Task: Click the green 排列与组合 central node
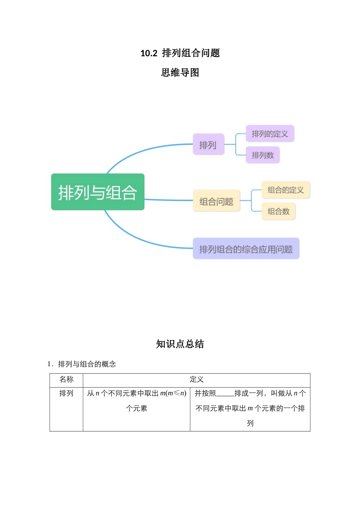click(x=98, y=192)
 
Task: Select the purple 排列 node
click(x=208, y=144)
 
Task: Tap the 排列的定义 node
click(x=270, y=134)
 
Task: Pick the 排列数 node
click(x=263, y=155)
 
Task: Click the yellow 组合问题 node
click(x=216, y=201)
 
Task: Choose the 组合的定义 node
click(x=286, y=190)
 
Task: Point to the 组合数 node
click(x=278, y=211)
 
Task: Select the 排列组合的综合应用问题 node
click(x=246, y=249)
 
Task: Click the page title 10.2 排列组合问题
click(x=180, y=53)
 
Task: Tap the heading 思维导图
click(x=180, y=72)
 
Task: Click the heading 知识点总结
click(x=180, y=344)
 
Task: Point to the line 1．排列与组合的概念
click(x=82, y=364)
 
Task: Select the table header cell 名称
click(x=66, y=379)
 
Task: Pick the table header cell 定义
click(x=196, y=379)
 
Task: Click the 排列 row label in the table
click(x=66, y=393)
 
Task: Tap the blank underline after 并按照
click(x=225, y=394)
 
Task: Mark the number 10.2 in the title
click(x=149, y=53)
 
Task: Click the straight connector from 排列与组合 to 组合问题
click(x=169, y=200)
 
